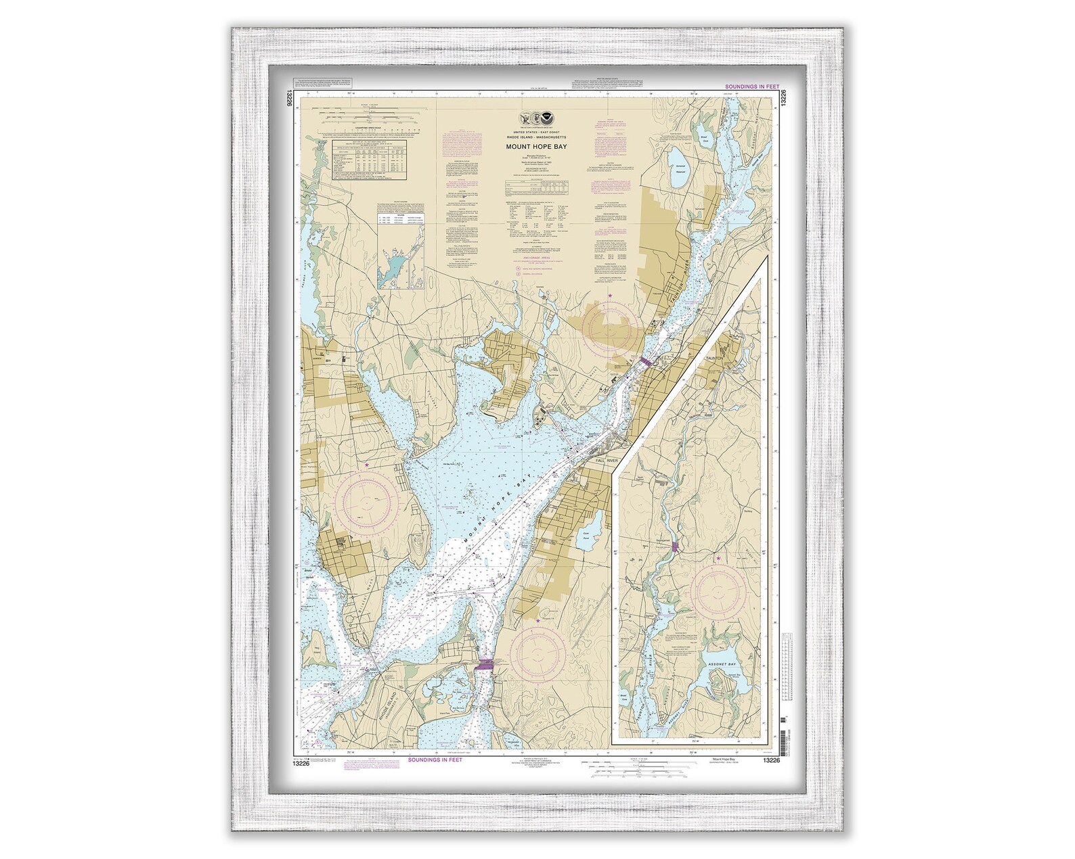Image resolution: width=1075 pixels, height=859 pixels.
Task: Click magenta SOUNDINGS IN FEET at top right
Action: point(751,87)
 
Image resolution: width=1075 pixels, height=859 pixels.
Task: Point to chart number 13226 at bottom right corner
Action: point(772,760)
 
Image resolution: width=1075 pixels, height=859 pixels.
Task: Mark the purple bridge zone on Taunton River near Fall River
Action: point(645,363)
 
